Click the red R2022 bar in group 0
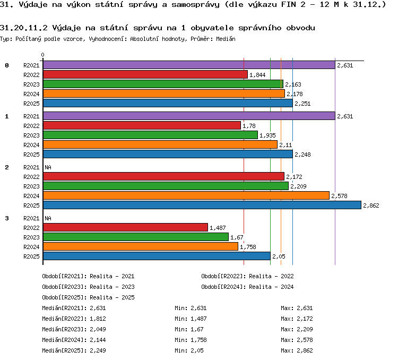click(145, 74)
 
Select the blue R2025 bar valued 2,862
click(202, 205)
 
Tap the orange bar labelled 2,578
click(186, 195)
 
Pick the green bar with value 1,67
click(136, 237)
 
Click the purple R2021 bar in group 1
click(189, 116)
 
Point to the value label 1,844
click(257, 75)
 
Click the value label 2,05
click(279, 256)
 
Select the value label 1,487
click(218, 228)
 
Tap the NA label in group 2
click(48, 167)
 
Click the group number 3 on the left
click(7, 218)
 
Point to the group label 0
click(7, 65)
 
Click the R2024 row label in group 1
click(31, 145)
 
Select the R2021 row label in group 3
click(31, 218)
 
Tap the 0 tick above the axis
click(42, 55)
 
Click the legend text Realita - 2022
click(271, 276)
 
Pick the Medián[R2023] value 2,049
click(98, 329)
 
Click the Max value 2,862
click(305, 350)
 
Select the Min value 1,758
click(198, 340)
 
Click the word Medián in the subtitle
click(226, 39)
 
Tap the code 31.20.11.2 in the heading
click(23, 28)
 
